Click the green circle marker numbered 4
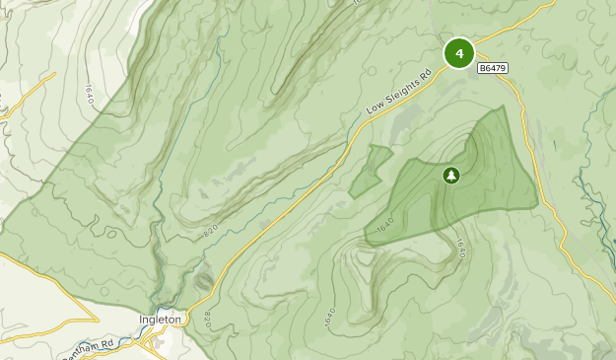[459, 53]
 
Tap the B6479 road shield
[492, 68]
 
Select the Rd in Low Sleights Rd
[427, 73]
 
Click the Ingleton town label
[160, 320]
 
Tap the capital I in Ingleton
[141, 320]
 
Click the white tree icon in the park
[451, 176]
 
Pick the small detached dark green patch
[371, 171]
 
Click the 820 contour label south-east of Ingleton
[207, 321]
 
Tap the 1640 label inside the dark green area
[385, 228]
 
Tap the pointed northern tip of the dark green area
[503, 107]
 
